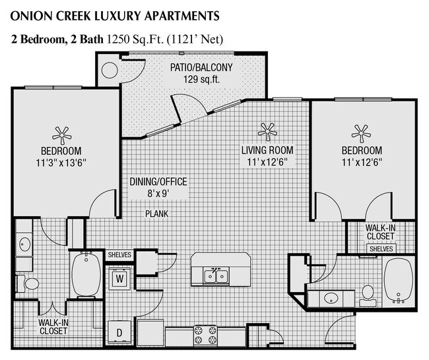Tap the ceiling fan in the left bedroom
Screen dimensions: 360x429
(x=62, y=135)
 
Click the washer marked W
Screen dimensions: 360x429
(x=119, y=278)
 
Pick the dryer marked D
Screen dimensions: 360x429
(x=119, y=332)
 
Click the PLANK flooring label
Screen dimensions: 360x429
(x=157, y=213)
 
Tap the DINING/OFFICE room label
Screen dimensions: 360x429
(x=158, y=182)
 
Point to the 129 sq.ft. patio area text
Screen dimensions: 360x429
(x=202, y=80)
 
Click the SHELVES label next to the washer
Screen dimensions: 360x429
(x=119, y=255)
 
